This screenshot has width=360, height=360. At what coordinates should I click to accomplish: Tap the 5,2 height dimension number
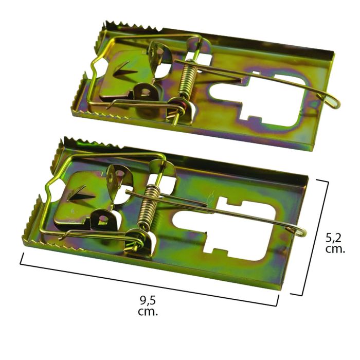(x=336, y=238)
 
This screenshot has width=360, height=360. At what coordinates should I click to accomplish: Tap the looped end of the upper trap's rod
(x=334, y=103)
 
